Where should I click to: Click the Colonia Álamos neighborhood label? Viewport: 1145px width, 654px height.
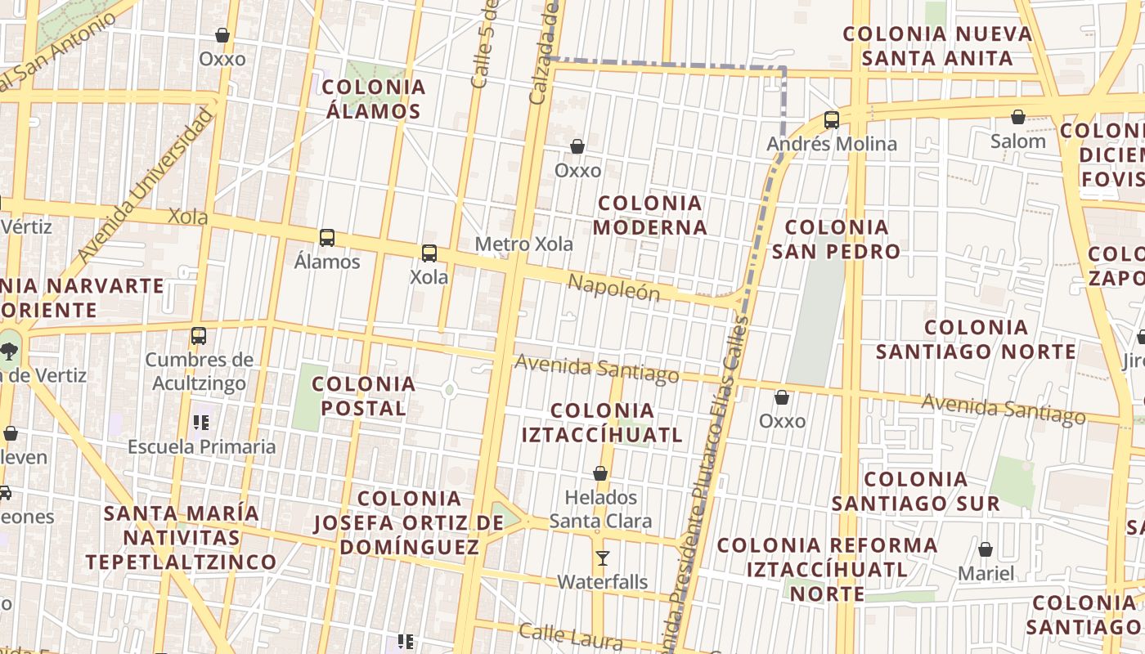click(374, 99)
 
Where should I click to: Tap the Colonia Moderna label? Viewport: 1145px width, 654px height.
click(650, 215)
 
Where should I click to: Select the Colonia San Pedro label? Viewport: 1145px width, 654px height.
click(836, 239)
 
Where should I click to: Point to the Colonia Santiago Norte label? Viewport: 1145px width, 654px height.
click(976, 339)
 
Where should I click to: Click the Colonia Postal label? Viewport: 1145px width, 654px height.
click(364, 396)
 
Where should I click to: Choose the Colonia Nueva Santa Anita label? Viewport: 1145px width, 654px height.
click(937, 46)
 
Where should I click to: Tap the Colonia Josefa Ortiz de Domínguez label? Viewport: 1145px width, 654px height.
click(409, 522)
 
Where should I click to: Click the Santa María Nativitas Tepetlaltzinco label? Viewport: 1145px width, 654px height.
click(182, 538)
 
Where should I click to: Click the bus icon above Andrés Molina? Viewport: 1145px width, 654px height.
click(832, 120)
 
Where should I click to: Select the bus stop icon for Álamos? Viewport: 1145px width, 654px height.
click(327, 238)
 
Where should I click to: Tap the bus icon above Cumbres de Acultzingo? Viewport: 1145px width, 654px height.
click(198, 336)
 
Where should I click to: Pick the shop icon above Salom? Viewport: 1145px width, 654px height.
click(1018, 118)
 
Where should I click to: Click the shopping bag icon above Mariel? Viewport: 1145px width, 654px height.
click(986, 549)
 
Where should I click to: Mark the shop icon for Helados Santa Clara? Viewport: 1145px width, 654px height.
click(600, 473)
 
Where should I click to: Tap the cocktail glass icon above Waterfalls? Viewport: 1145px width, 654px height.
click(603, 558)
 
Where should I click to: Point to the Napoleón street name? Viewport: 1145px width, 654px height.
click(613, 287)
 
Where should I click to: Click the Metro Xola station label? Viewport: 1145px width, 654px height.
click(523, 244)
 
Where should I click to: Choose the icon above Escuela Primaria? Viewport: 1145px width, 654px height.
click(201, 423)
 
